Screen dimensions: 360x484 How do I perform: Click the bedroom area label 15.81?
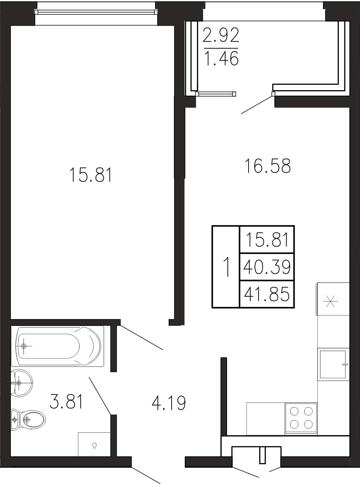click(90, 175)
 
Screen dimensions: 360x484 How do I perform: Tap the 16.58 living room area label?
click(268, 166)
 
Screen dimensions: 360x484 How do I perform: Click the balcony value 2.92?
click(221, 35)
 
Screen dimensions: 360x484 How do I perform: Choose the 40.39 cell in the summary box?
click(267, 267)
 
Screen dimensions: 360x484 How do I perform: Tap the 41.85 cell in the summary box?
click(267, 294)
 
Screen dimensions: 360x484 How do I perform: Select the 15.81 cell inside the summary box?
click(267, 239)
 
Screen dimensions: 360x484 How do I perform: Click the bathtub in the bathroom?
click(57, 346)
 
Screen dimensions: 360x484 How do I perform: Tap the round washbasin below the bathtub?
click(21, 383)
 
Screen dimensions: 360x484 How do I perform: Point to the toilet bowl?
click(28, 420)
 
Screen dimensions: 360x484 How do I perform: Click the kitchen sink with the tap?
click(333, 364)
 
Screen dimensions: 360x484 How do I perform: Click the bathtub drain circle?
click(24, 346)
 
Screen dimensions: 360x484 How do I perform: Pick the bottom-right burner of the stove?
click(308, 425)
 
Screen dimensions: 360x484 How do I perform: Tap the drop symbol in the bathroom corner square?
click(94, 445)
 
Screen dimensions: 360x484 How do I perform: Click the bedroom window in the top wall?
click(96, 12)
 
